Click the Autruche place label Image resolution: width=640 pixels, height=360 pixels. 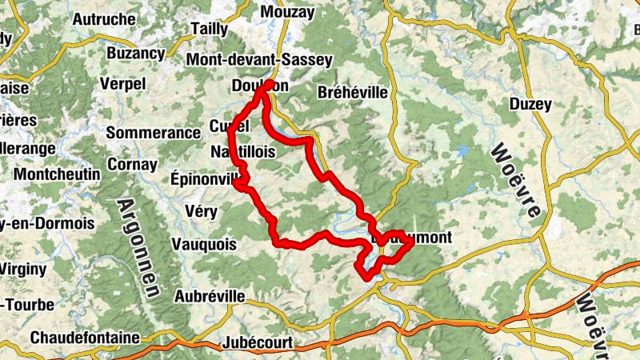103,19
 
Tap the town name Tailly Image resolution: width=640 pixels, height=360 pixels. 210,29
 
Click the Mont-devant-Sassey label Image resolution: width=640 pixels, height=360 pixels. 258,60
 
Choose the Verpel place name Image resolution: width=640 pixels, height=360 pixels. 123,83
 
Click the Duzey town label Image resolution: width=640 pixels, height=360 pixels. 530,104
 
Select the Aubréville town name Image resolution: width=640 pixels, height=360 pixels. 210,296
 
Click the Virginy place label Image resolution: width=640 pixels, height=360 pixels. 23,270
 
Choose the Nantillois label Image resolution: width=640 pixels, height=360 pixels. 244,151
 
